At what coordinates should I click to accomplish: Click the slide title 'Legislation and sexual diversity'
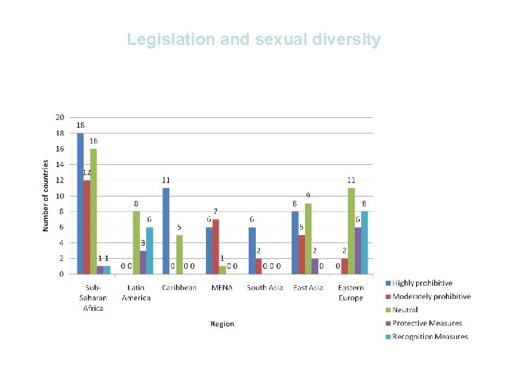[x=253, y=39]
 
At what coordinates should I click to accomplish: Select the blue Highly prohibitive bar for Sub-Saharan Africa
[x=80, y=204]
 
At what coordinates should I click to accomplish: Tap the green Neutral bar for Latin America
[x=136, y=242]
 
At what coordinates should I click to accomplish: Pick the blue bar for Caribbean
[x=166, y=231]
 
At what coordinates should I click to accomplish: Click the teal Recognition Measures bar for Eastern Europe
[x=365, y=243]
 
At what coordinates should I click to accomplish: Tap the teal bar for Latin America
[x=150, y=251]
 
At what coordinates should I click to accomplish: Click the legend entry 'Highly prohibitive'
[x=422, y=283]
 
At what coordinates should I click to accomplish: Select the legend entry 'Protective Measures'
[x=427, y=323]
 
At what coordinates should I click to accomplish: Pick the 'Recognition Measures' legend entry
[x=429, y=336]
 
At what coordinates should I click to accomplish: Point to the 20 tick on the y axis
[x=60, y=117]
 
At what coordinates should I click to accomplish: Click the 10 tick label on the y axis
[x=60, y=196]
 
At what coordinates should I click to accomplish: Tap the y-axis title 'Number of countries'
[x=46, y=196]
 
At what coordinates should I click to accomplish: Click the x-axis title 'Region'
[x=222, y=324]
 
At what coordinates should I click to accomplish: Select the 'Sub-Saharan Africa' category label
[x=93, y=298]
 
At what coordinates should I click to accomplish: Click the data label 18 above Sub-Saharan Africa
[x=81, y=125]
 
